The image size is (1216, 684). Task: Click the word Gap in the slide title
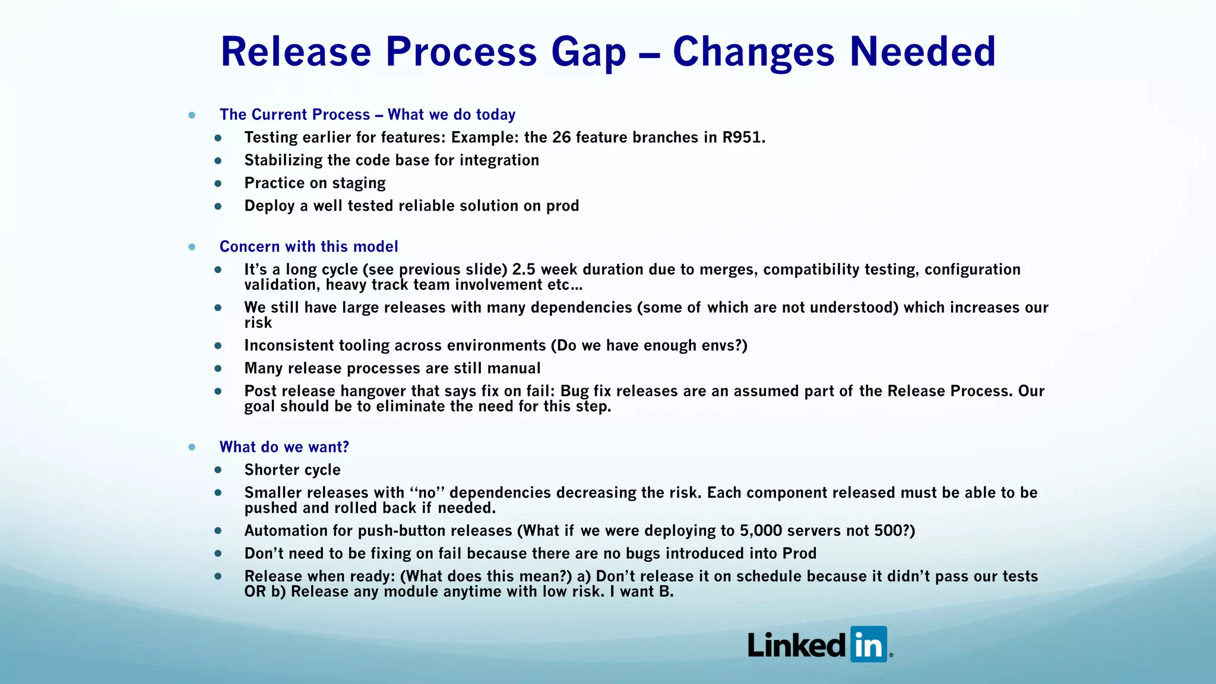coord(588,52)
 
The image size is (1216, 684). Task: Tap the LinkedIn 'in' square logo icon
coord(869,644)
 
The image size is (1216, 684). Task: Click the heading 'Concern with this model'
coord(309,246)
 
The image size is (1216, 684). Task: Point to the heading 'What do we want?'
coord(284,447)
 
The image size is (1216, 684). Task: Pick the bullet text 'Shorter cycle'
coord(292,470)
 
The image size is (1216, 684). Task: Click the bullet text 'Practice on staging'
coord(315,183)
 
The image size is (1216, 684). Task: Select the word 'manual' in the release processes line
coord(514,369)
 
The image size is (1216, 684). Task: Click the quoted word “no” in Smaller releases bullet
coord(427,493)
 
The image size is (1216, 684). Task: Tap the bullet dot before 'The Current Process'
coord(192,115)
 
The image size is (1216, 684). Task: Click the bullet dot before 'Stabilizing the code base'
coord(218,161)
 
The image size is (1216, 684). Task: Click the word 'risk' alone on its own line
coord(258,323)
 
